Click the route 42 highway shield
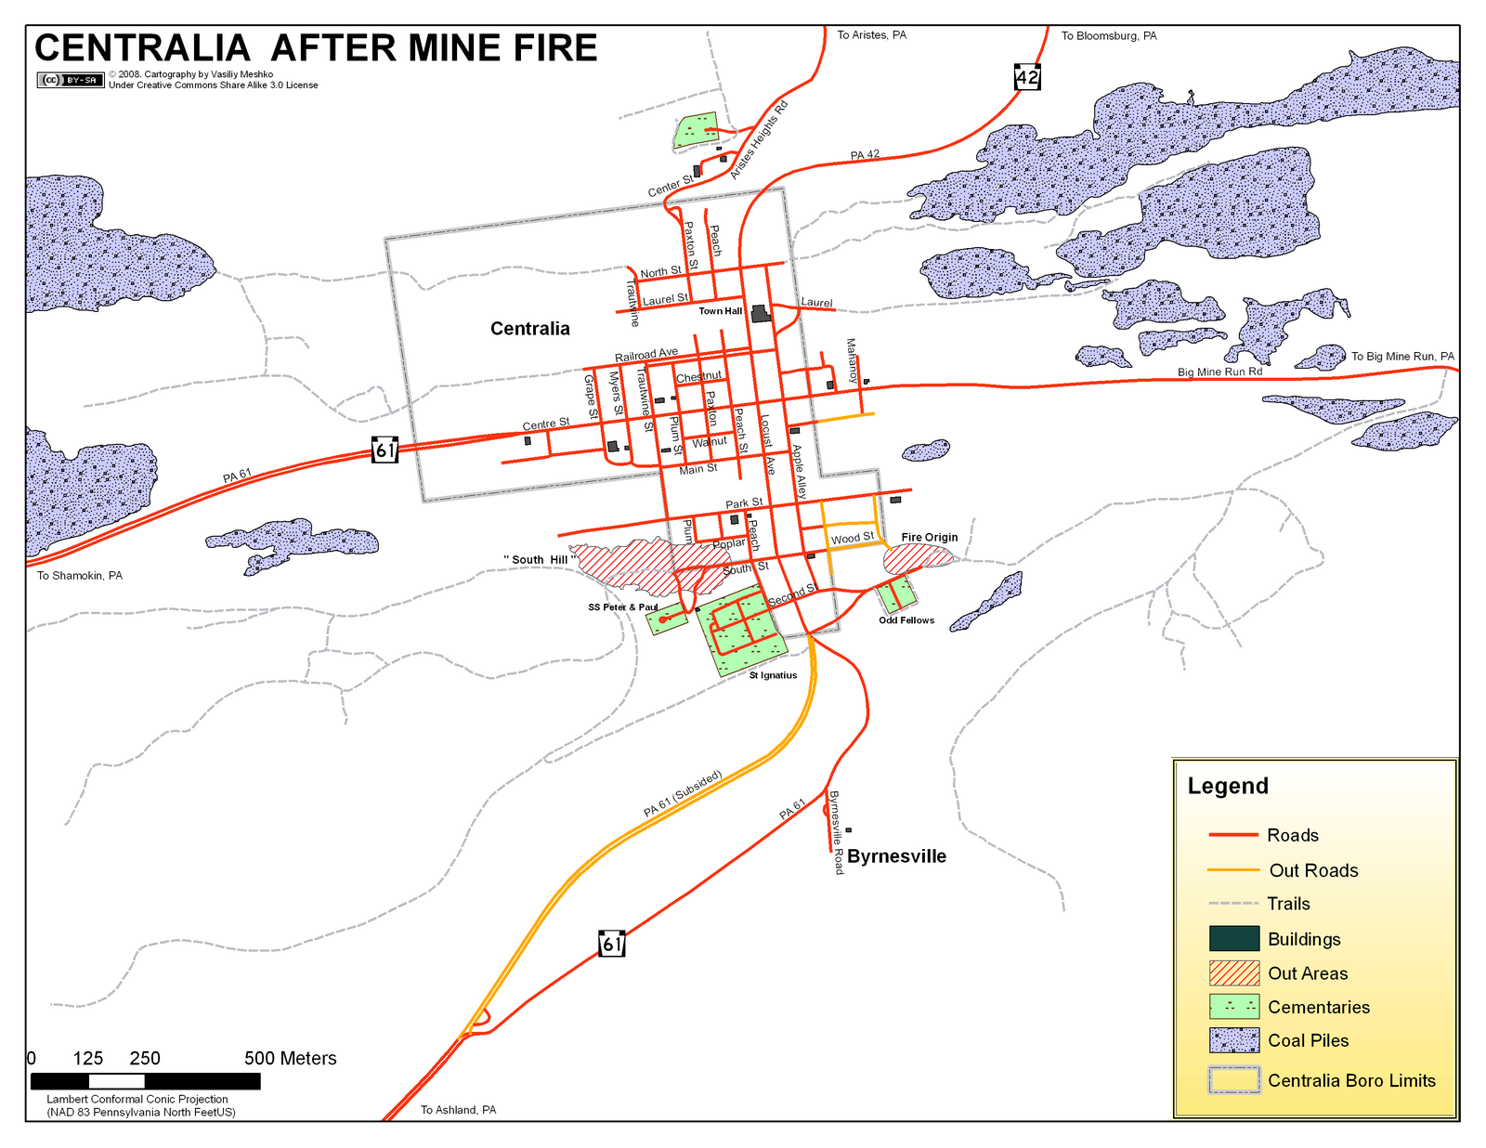[1027, 77]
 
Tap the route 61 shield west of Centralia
[385, 450]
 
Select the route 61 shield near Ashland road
[611, 944]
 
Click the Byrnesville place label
[896, 856]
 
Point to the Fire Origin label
[929, 537]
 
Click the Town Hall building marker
[761, 313]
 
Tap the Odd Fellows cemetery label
[906, 620]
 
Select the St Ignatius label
[773, 675]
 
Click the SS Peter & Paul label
[622, 607]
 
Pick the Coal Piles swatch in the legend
[1234, 1040]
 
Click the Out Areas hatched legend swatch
[1234, 973]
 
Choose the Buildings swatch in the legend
[1234, 939]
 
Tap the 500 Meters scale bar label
[290, 1058]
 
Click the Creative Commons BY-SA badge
[71, 80]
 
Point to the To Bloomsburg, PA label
[1109, 36]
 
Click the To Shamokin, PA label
[80, 576]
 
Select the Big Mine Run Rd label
[1219, 372]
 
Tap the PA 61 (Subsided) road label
[683, 794]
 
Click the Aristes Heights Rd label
[759, 139]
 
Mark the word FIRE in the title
[542, 48]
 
